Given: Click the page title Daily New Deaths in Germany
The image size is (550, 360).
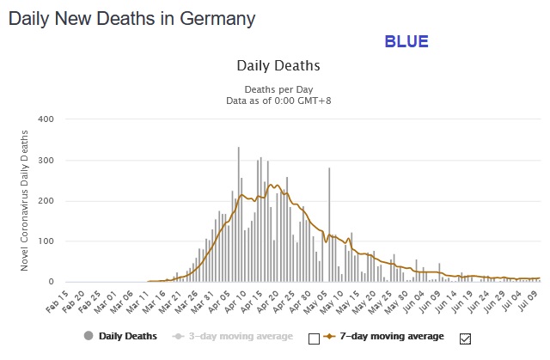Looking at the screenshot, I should tap(131, 18).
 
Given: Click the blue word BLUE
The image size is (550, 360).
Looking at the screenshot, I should tap(406, 41).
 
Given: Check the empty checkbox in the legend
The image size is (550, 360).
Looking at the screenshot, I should tap(314, 338).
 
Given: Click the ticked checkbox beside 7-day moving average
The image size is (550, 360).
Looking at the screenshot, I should tap(467, 338).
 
